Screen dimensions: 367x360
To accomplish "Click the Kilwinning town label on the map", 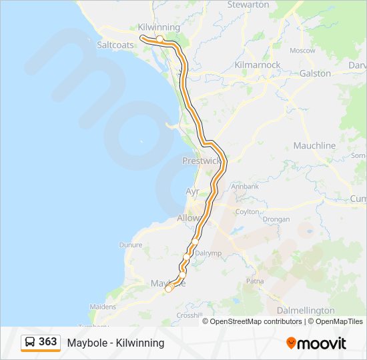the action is (x=159, y=27).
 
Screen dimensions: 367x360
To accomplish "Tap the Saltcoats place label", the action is (x=115, y=45).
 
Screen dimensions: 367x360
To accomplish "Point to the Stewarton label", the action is (x=248, y=5).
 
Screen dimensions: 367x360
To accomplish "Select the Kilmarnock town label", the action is (x=258, y=65).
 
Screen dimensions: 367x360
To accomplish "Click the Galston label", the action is (x=316, y=73).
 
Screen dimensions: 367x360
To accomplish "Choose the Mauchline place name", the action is (x=314, y=145).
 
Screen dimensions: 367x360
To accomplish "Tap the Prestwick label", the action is (x=202, y=161).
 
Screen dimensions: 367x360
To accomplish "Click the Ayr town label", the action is (x=192, y=191).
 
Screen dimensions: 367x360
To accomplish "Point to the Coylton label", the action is (x=248, y=212).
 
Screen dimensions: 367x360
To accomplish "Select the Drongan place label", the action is (x=276, y=219).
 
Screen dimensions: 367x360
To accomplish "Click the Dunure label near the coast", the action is (x=131, y=245).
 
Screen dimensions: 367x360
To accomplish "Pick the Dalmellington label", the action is (x=305, y=311).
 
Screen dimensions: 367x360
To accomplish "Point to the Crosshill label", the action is (x=189, y=315).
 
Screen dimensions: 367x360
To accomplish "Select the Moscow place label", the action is (x=302, y=50).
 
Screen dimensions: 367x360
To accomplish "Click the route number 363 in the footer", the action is (x=47, y=342).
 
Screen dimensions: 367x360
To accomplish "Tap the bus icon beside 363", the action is (x=31, y=342).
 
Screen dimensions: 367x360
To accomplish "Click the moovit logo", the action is (x=316, y=343).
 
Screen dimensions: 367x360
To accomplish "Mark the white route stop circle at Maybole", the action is (x=169, y=288).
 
